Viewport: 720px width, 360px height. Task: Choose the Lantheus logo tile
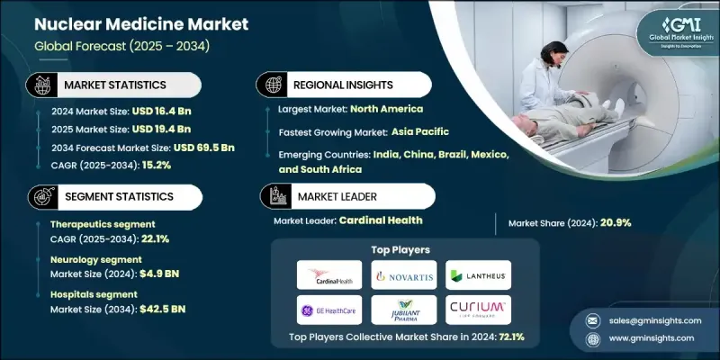[478, 274]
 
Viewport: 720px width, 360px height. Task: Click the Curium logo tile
[478, 309]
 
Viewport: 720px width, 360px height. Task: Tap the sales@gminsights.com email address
[651, 320]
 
